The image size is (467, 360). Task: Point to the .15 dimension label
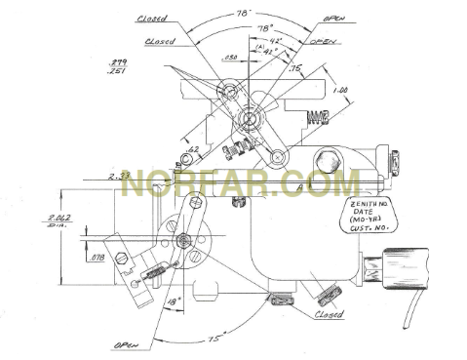(x=294, y=68)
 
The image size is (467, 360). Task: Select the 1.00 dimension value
(x=340, y=89)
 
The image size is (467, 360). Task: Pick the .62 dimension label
(x=193, y=148)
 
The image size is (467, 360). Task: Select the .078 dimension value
(x=97, y=258)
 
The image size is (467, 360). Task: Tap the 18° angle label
(x=174, y=302)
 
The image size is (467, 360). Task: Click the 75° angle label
(x=240, y=340)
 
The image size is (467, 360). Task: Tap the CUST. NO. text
(x=370, y=232)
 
